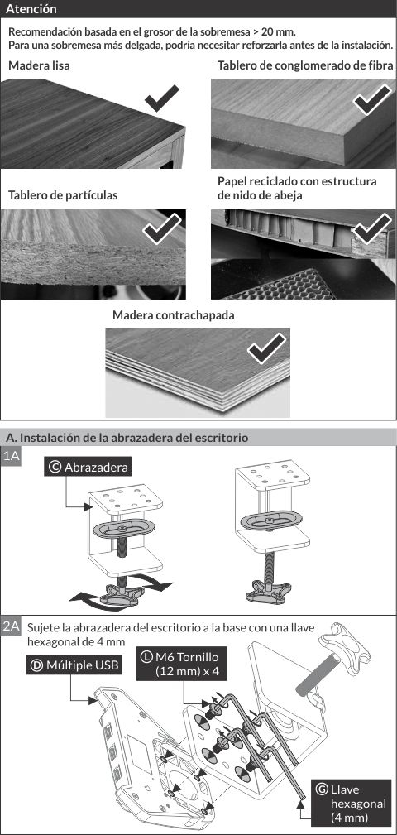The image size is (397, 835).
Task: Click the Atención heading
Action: click(x=31, y=9)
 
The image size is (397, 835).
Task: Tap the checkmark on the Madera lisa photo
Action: click(x=161, y=98)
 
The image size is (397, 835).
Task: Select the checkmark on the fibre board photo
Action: click(x=372, y=99)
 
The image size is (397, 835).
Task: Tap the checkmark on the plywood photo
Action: click(x=266, y=348)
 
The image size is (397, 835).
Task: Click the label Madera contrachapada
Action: click(x=174, y=315)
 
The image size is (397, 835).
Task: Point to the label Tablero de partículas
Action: click(x=63, y=195)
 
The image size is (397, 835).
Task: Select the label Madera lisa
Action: click(x=39, y=66)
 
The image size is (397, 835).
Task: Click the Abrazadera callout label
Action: click(x=88, y=467)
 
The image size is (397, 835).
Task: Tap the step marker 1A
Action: click(x=11, y=456)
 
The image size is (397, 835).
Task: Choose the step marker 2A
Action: click(x=11, y=626)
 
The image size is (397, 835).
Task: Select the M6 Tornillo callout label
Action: click(x=182, y=663)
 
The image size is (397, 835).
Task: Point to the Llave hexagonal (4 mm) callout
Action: click(x=351, y=803)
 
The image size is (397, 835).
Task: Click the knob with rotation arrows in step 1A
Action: click(x=122, y=593)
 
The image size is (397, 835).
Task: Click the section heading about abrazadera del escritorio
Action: click(x=127, y=438)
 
